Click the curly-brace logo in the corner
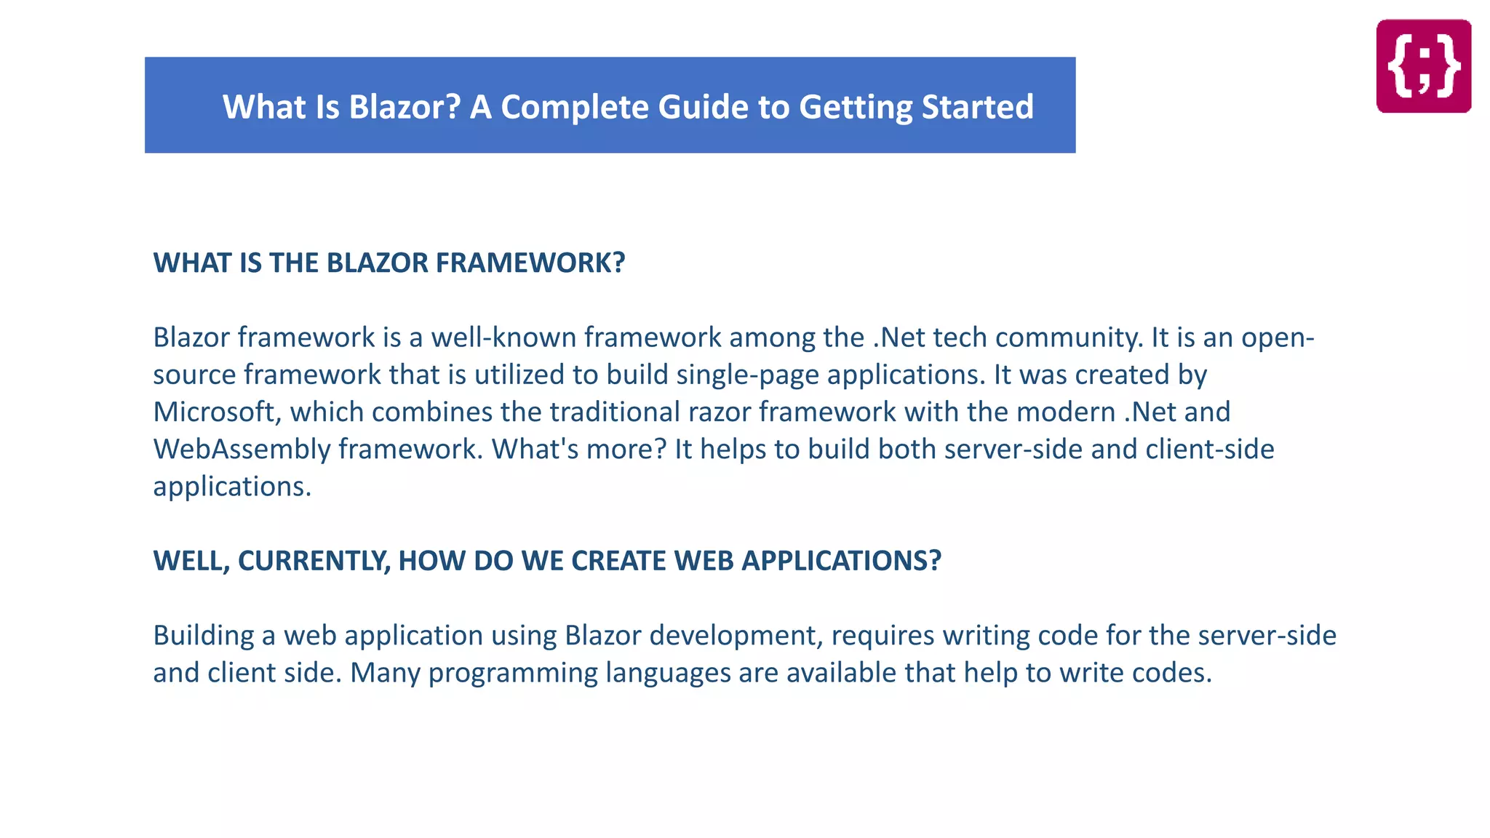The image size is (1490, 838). (x=1423, y=66)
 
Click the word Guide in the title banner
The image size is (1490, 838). (x=703, y=107)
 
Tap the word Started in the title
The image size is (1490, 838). (x=977, y=107)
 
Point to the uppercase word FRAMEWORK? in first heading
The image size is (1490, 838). (x=530, y=263)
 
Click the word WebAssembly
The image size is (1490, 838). (x=242, y=449)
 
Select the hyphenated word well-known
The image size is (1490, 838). (x=503, y=338)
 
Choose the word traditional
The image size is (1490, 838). (x=614, y=412)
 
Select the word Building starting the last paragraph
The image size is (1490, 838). (x=203, y=636)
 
